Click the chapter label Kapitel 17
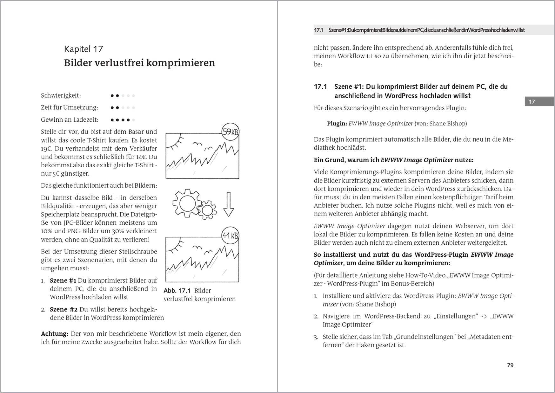coord(84,49)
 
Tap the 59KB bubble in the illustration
coord(230,132)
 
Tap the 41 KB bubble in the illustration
coord(230,235)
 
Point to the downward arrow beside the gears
coord(228,204)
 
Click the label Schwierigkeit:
coord(61,95)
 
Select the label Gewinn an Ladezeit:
coord(70,120)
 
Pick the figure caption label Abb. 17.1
coord(177,291)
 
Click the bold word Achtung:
coord(55,334)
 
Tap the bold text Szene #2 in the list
coord(64,309)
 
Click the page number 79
coord(510,365)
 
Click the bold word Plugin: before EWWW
coord(337,124)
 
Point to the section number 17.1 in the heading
coord(320,87)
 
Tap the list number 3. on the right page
coord(316,337)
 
